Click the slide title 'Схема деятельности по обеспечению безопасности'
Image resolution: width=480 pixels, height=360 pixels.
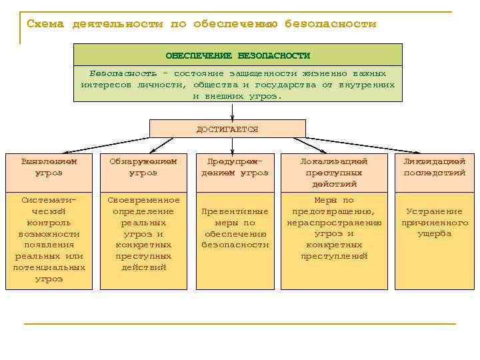click(x=201, y=24)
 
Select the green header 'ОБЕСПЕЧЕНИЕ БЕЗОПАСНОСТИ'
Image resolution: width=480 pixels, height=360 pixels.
click(x=238, y=55)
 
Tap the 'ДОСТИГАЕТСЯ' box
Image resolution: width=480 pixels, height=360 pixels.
click(x=227, y=129)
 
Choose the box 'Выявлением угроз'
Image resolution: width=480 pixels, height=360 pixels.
click(x=49, y=167)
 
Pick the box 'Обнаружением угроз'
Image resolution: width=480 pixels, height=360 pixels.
click(x=143, y=167)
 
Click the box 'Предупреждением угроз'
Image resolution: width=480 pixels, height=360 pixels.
click(x=235, y=167)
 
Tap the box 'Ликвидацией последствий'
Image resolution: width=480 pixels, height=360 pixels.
click(x=435, y=167)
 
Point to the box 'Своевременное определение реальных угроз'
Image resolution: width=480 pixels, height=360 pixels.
click(x=143, y=234)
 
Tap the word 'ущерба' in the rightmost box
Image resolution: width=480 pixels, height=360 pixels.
click(x=435, y=234)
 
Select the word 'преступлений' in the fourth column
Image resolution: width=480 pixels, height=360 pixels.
click(x=334, y=256)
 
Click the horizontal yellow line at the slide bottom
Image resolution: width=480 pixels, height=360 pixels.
click(x=239, y=324)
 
